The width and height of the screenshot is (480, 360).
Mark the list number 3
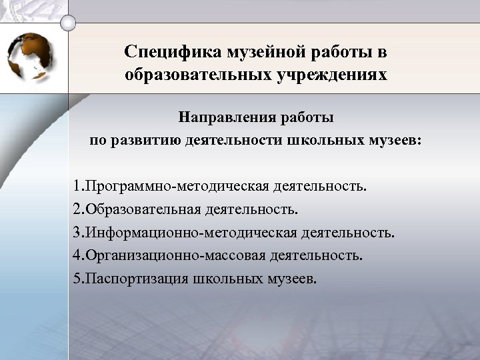click(77, 233)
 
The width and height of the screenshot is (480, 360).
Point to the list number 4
click(77, 255)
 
